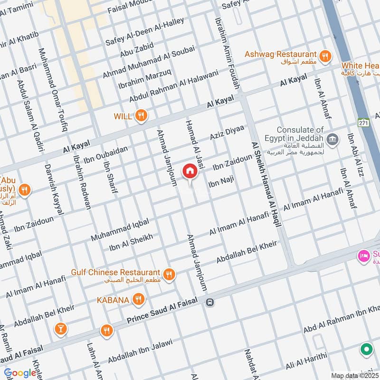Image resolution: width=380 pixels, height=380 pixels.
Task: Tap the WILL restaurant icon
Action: tap(141, 115)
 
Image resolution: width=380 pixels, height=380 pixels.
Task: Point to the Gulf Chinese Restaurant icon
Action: tap(168, 274)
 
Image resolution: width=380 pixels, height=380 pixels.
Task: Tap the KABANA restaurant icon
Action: tap(138, 299)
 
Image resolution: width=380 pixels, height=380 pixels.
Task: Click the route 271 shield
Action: tap(364, 122)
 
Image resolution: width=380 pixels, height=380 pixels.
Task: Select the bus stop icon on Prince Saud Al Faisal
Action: tap(210, 302)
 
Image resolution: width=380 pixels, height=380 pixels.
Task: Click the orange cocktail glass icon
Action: tap(60, 328)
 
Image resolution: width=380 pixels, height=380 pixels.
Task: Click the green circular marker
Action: tap(366, 350)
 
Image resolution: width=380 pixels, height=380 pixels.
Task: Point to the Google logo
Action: tap(20, 373)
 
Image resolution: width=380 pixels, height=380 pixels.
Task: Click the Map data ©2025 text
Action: tap(354, 375)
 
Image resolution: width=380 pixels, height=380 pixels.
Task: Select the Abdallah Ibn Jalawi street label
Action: tap(139, 351)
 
